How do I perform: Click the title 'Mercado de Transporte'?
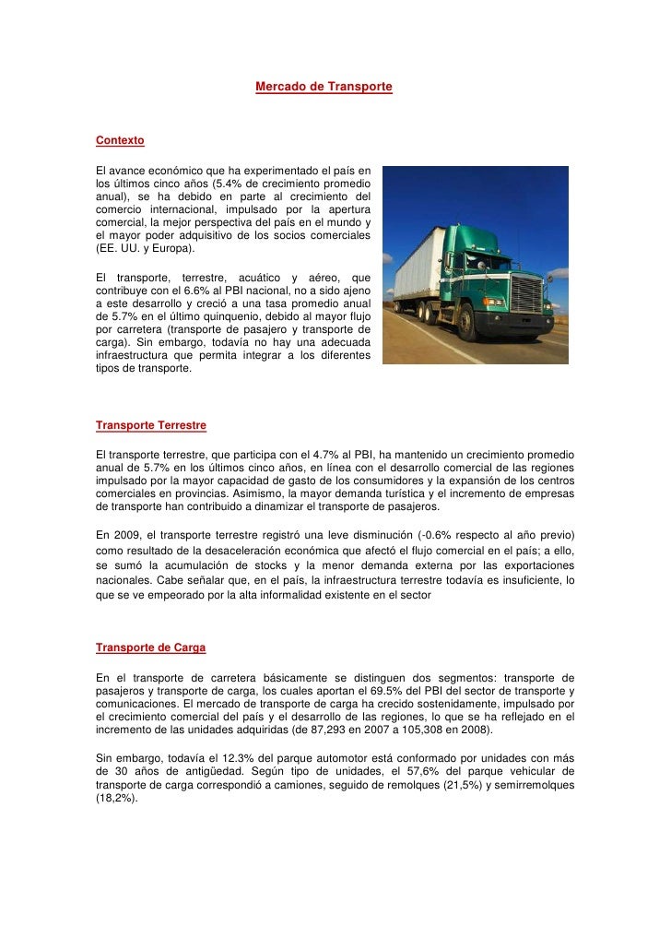[x=324, y=87]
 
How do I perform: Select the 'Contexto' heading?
[x=120, y=141]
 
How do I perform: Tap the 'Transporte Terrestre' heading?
[x=151, y=426]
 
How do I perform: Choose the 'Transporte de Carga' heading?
[x=150, y=647]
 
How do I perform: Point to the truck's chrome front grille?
[x=526, y=294]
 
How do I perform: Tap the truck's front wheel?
[x=492, y=322]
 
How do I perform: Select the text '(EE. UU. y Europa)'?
[x=147, y=249]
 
